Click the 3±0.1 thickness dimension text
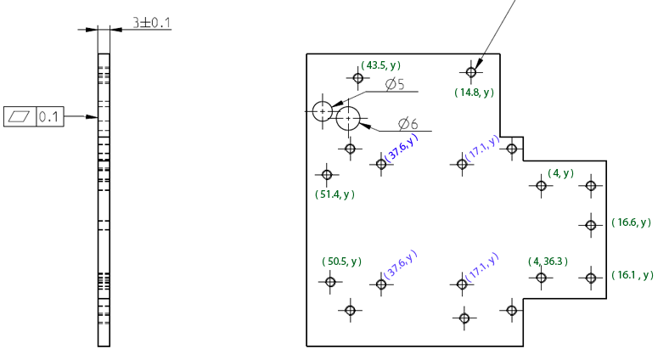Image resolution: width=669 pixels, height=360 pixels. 153,22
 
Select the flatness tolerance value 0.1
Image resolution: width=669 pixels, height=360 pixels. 49,116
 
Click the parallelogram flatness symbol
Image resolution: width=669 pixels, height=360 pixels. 19,116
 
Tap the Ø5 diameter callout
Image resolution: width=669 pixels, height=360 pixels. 394,84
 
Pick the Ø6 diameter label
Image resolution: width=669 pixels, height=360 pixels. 408,124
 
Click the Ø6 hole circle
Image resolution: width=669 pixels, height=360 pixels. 348,118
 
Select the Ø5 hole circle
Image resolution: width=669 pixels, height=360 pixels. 322,110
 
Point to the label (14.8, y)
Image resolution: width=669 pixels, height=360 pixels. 474,93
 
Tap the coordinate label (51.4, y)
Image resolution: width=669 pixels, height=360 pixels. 334,194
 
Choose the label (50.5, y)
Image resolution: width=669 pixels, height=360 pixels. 341,262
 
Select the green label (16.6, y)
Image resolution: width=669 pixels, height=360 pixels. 631,222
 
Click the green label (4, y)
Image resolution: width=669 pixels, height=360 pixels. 560,173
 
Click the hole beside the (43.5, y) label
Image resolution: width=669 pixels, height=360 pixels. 358,78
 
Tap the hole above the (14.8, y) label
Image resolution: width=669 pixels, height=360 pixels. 471,71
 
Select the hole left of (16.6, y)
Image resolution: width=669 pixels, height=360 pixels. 590,224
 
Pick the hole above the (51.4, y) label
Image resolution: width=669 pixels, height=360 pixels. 326,176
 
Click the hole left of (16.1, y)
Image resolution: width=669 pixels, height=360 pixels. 590,277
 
